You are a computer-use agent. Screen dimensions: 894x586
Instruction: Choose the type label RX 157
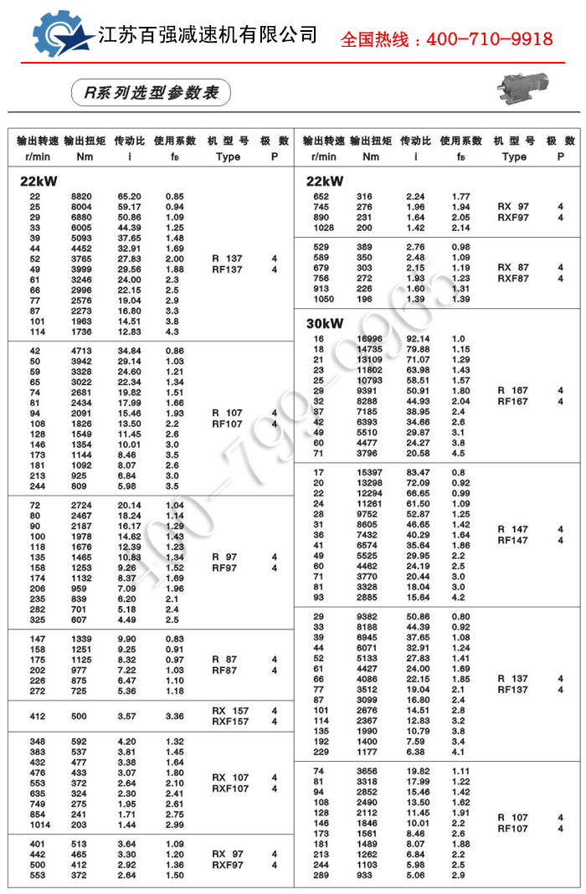230,711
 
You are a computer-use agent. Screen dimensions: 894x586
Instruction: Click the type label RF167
513,401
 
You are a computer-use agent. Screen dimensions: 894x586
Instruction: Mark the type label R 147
513,529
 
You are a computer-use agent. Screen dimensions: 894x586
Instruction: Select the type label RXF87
513,279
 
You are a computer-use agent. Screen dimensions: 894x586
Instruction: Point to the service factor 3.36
174,717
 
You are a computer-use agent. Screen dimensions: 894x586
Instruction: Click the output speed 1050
323,299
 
